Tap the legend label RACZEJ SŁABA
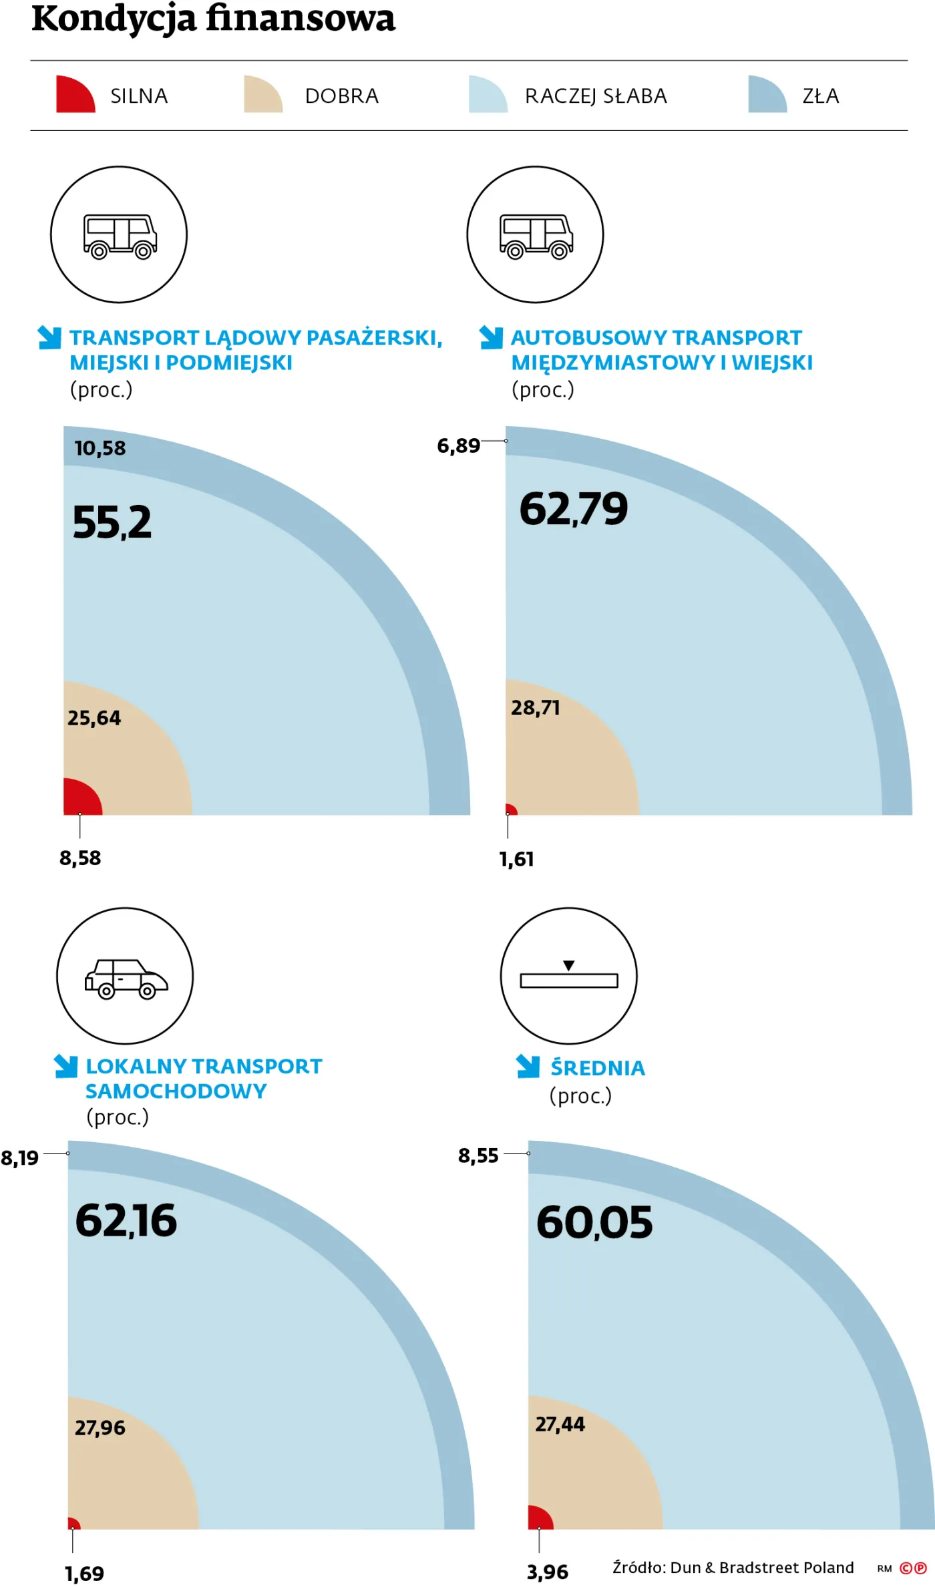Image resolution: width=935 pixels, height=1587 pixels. (596, 96)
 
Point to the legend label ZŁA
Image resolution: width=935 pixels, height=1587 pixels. (820, 96)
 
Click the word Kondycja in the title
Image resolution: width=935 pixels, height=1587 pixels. (114, 19)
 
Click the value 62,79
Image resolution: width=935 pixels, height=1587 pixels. (574, 509)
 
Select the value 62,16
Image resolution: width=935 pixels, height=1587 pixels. (126, 1220)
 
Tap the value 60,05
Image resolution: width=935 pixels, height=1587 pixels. (594, 1222)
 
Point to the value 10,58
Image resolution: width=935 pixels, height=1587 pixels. (100, 448)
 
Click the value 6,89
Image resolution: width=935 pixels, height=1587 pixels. (458, 446)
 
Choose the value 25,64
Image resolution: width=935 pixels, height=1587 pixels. (94, 718)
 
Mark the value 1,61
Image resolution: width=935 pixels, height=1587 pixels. (516, 859)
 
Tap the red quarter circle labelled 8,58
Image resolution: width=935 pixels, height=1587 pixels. (79, 799)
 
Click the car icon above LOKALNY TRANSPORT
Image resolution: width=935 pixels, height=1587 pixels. (126, 979)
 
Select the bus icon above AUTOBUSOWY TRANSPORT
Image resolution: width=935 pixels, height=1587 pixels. (536, 236)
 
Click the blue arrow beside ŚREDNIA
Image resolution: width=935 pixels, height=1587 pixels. (528, 1067)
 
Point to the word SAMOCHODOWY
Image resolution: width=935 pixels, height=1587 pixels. (176, 1091)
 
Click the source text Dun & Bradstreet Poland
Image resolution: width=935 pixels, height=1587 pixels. (761, 1568)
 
